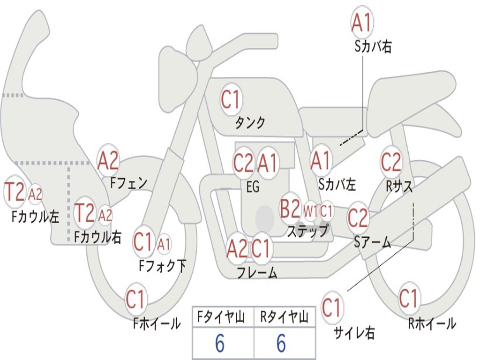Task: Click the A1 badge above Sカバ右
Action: pos(361,23)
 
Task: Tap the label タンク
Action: pos(250,123)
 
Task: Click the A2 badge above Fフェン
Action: pos(108,161)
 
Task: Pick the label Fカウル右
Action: pos(98,237)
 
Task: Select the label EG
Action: pos(253,187)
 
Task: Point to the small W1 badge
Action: pos(310,211)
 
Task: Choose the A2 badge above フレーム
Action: pos(237,249)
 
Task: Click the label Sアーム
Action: pos(373,242)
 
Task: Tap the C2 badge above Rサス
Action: pos(391,162)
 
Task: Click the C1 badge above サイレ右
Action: pos(331,308)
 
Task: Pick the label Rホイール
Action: pos(432,323)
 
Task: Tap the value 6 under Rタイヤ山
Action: pos(281,344)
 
